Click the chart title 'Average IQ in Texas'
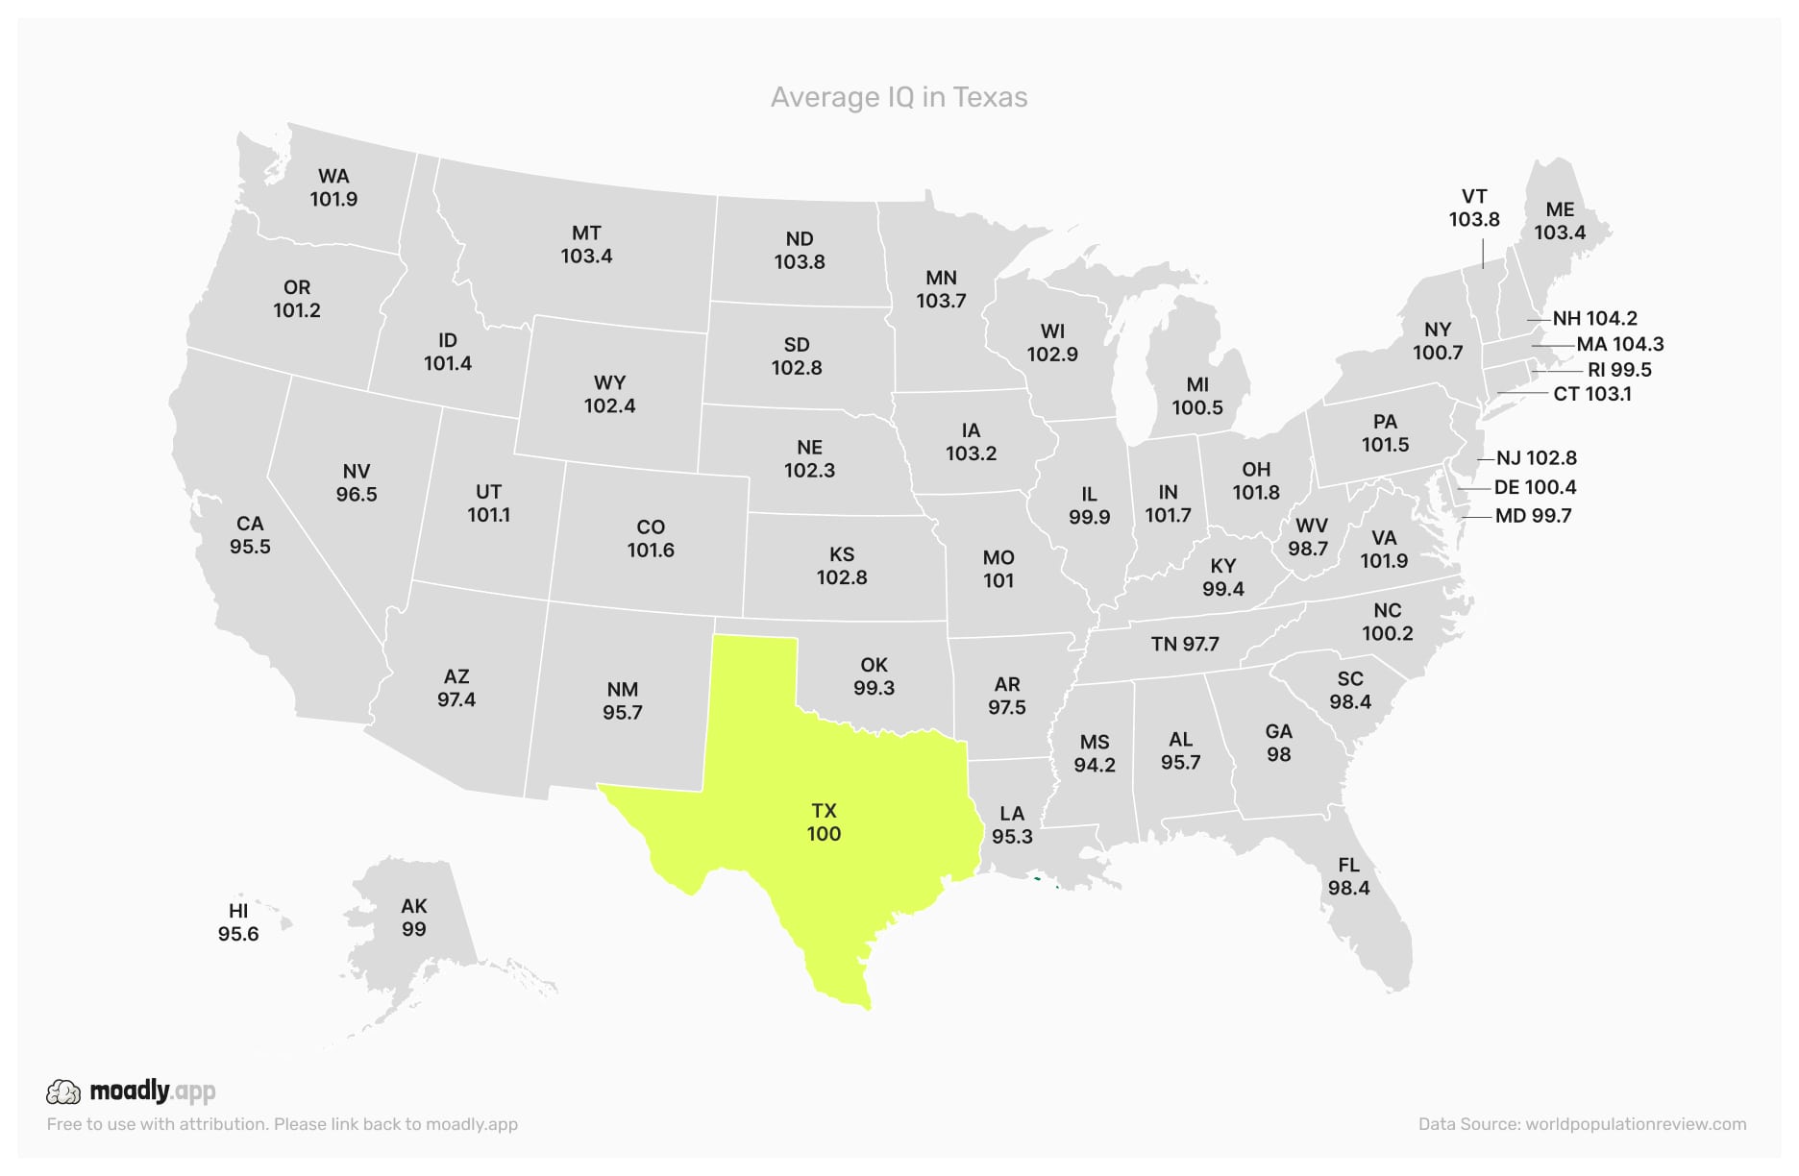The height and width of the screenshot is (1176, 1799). click(899, 97)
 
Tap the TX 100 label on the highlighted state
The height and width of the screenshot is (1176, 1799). click(824, 822)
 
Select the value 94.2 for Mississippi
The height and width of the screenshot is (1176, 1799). click(1095, 766)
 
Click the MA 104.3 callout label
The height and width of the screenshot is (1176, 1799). click(1619, 344)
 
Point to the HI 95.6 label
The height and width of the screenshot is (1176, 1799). click(238, 922)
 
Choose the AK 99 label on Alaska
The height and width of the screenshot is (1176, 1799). click(413, 918)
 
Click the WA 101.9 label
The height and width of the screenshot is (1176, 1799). click(333, 187)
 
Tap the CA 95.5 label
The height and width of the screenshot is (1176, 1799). click(250, 535)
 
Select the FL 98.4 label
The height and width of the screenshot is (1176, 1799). click(1348, 876)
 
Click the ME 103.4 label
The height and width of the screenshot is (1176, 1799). click(1559, 221)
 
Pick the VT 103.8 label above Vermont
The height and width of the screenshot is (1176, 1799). click(1473, 208)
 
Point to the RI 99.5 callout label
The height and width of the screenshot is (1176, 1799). click(1619, 370)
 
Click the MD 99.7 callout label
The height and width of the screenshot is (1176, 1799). click(1533, 516)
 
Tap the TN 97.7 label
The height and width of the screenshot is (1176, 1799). click(1184, 644)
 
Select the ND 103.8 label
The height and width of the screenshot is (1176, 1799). click(800, 250)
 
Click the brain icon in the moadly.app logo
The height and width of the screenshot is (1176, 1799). click(63, 1091)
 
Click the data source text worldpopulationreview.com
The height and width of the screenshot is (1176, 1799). click(1635, 1124)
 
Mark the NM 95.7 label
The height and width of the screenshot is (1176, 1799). click(623, 701)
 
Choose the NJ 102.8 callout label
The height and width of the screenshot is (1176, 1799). click(1536, 458)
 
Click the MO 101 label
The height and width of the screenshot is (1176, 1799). click(998, 569)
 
